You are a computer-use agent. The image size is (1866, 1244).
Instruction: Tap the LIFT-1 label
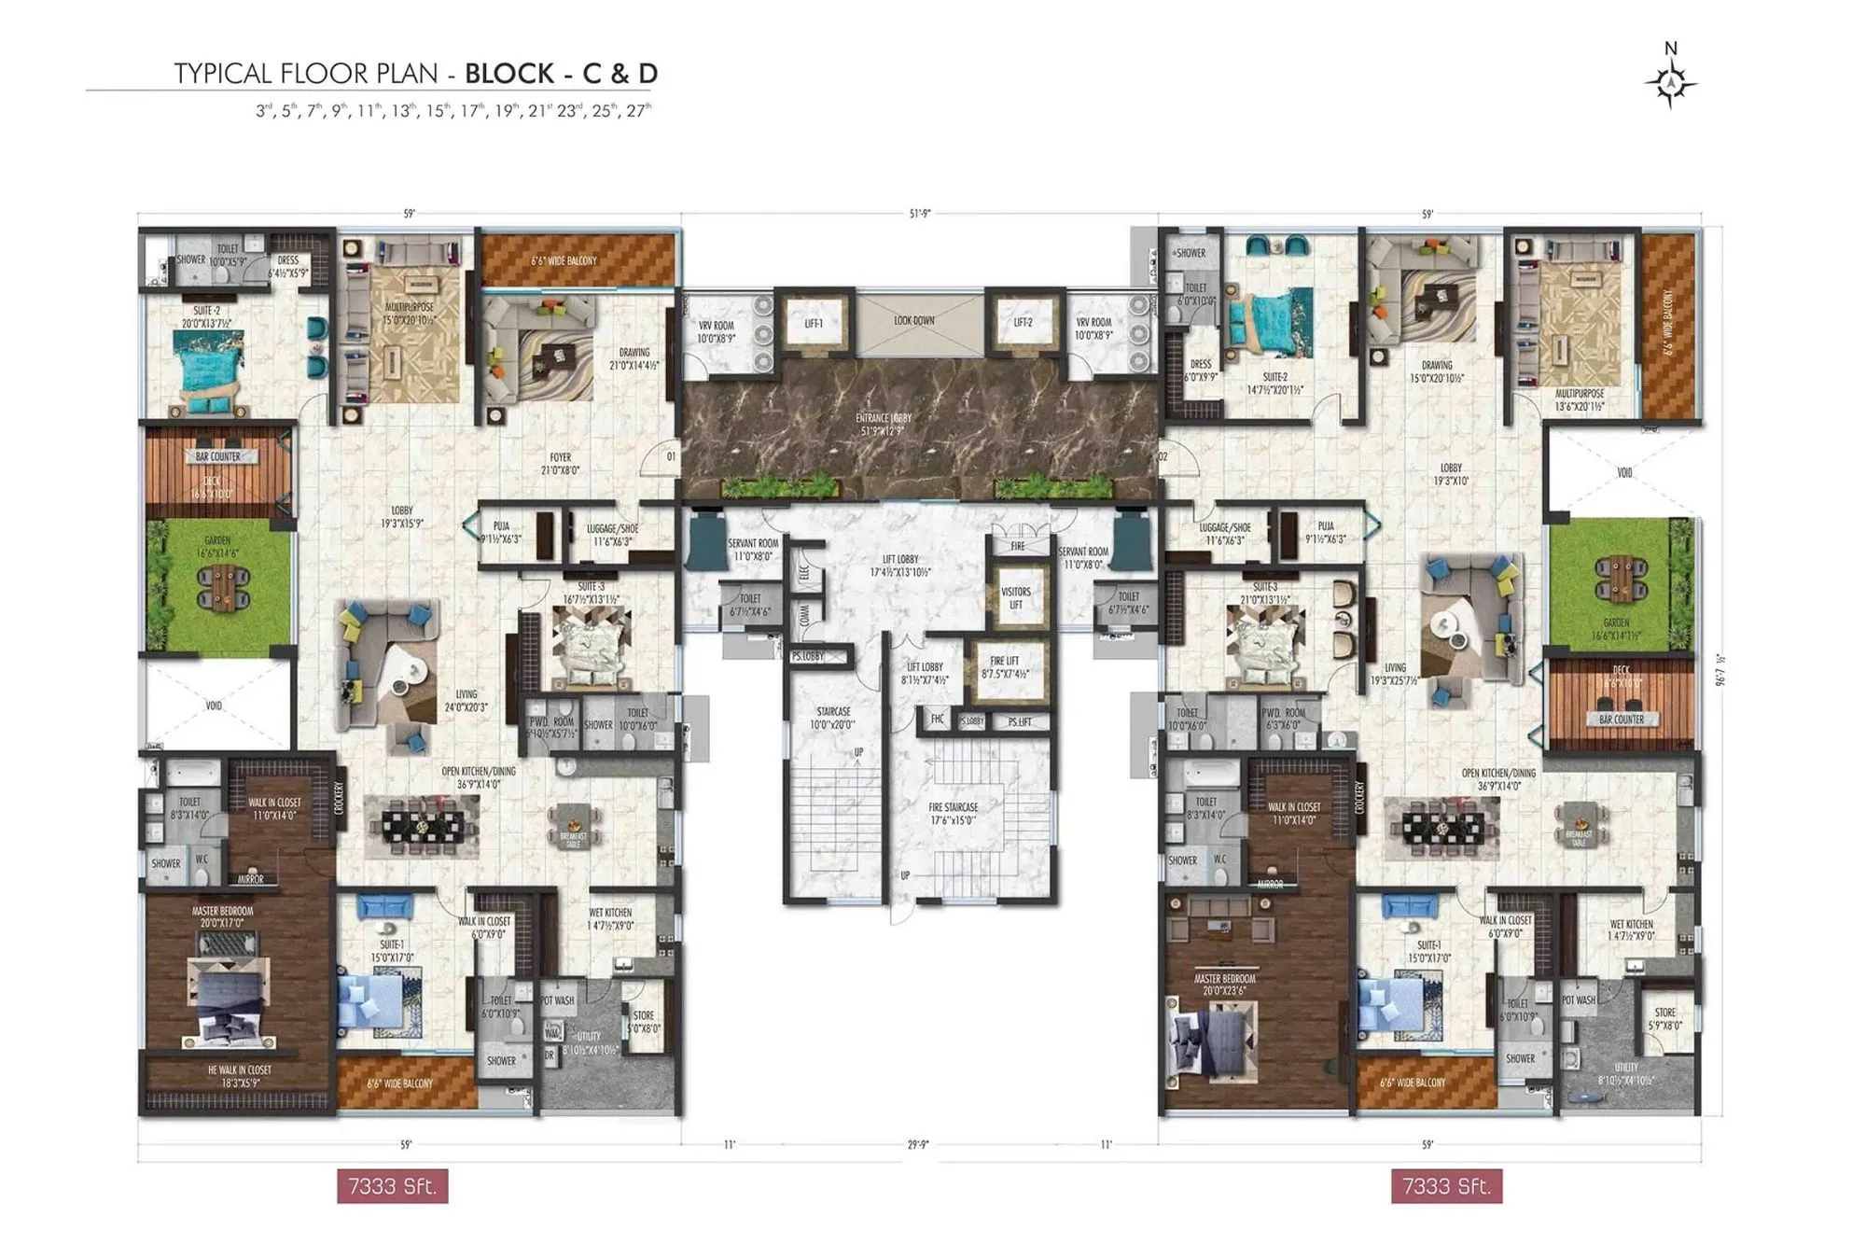[x=814, y=323]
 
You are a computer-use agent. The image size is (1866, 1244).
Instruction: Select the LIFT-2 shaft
[x=1024, y=323]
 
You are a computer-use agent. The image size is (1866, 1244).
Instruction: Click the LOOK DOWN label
[x=913, y=320]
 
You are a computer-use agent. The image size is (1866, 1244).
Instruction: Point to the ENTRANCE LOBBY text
[x=884, y=424]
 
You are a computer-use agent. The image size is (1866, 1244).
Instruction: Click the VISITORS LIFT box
[x=1016, y=598]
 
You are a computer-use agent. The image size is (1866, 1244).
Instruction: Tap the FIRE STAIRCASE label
[x=953, y=813]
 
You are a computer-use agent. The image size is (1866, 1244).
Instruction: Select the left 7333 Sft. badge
[x=392, y=1186]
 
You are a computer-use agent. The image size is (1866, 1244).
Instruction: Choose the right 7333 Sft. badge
[x=1446, y=1186]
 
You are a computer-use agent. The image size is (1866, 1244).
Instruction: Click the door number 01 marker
[x=671, y=456]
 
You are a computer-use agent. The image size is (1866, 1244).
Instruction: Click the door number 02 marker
[x=1163, y=456]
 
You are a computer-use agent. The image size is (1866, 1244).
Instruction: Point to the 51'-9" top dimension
[x=920, y=214]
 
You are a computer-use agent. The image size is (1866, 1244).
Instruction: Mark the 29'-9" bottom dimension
[x=918, y=1144]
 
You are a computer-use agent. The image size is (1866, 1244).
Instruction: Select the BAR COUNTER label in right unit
[x=1622, y=720]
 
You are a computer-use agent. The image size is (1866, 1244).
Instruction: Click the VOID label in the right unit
[x=1624, y=473]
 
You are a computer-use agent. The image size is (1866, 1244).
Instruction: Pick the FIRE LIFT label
[x=1005, y=666]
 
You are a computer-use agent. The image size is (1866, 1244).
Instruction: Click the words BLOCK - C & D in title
[x=561, y=73]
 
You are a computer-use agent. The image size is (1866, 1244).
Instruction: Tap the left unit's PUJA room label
[x=501, y=532]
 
